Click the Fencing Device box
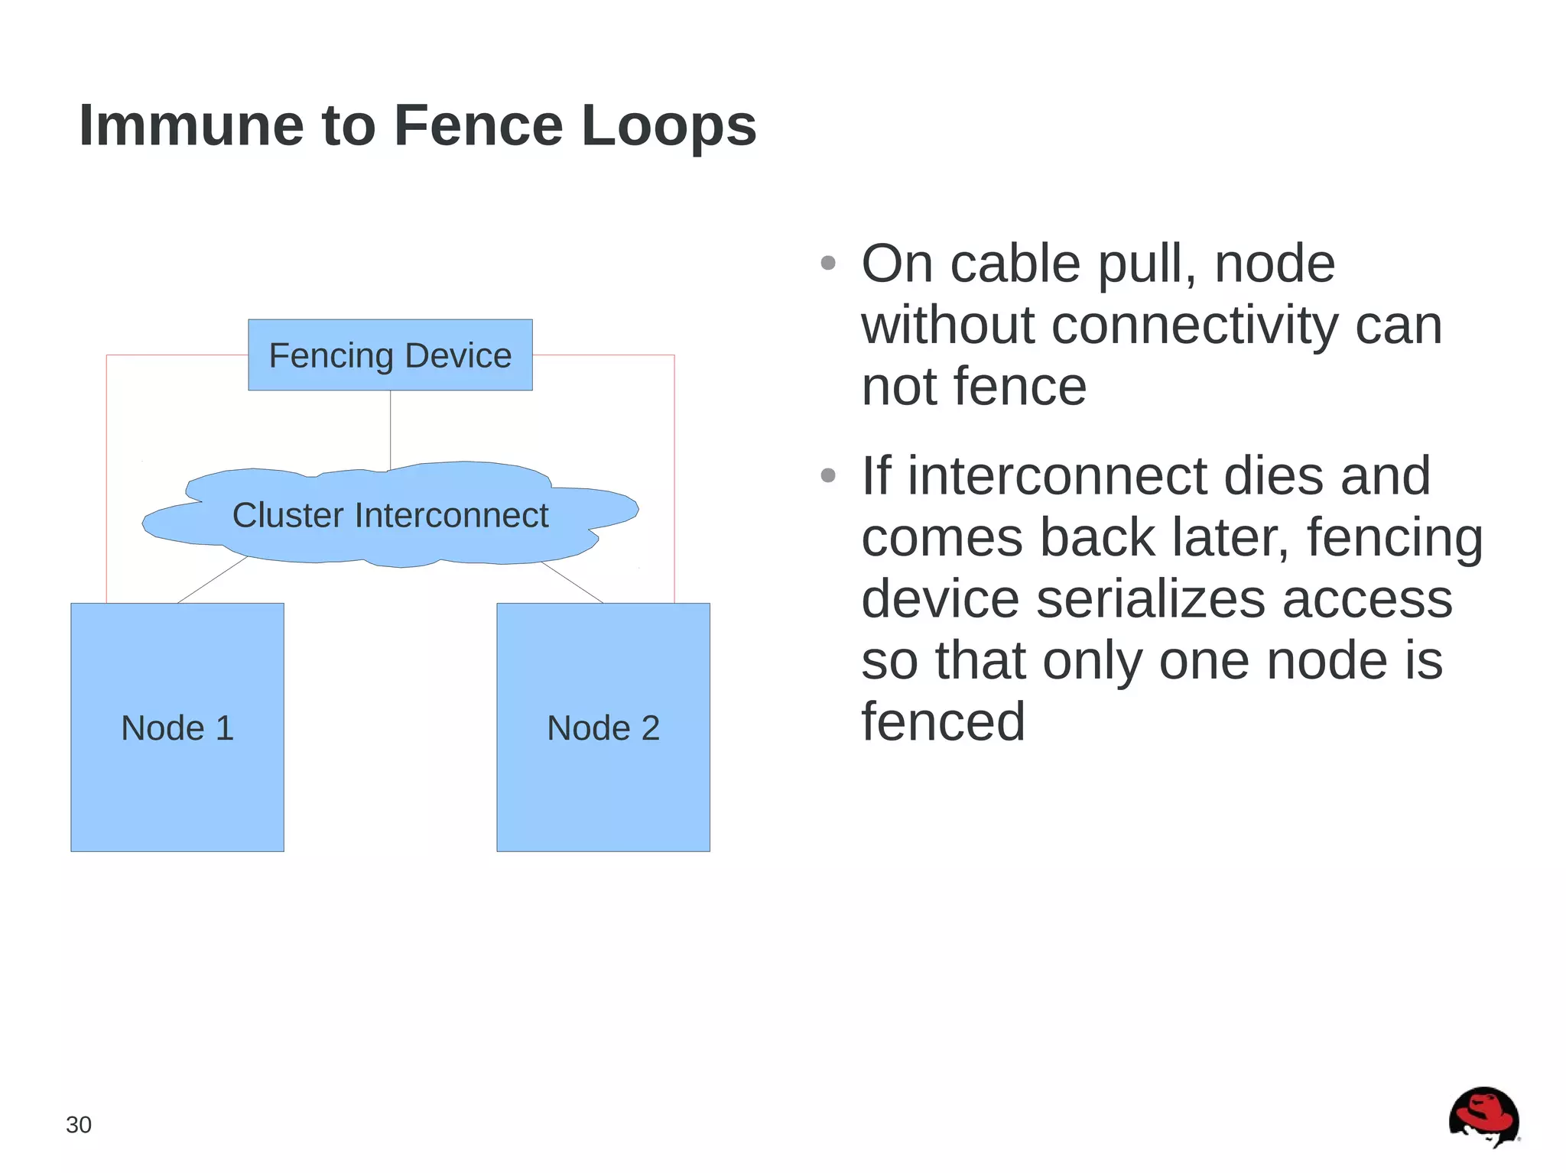[x=390, y=355]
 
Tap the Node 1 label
[x=177, y=727]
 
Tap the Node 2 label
[x=603, y=727]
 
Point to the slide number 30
[x=79, y=1125]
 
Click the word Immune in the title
[x=191, y=125]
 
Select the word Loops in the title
[x=668, y=125]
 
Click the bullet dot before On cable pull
[x=827, y=264]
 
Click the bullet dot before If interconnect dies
[x=827, y=475]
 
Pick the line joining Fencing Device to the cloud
[x=390, y=428]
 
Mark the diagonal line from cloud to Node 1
[x=212, y=580]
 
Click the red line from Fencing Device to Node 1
[x=106, y=474]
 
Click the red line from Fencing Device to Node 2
[x=674, y=474]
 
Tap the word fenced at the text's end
[x=943, y=721]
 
